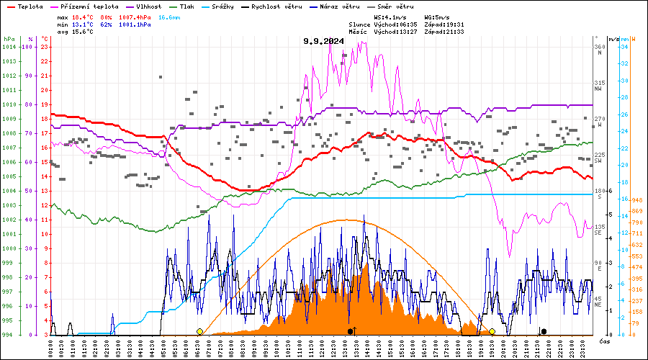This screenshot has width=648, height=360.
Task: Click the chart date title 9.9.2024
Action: [323, 41]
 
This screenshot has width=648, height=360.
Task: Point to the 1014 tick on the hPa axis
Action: [9, 47]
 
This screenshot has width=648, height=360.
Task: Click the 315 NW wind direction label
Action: [598, 86]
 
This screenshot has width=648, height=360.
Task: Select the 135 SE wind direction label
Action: [598, 230]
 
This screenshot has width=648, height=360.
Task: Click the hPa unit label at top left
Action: [9, 39]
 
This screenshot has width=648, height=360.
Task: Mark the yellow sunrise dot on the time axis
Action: [199, 331]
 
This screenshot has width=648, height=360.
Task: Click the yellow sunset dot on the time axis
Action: [492, 331]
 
